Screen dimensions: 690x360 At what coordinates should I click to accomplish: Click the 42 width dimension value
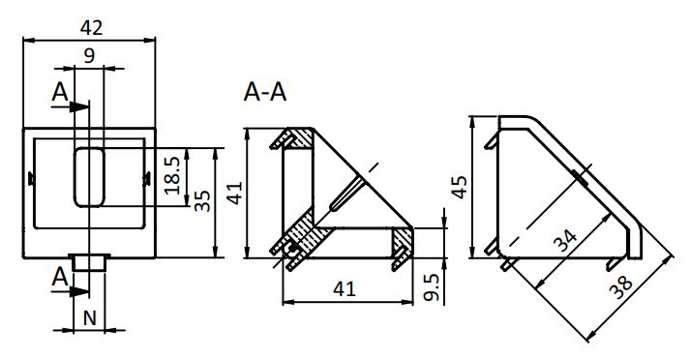91,28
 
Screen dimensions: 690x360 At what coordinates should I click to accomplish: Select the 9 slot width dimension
89,56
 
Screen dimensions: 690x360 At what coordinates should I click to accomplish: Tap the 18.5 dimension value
172,176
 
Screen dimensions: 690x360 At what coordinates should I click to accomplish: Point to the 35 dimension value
202,201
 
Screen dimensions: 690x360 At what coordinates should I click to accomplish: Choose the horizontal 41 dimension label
344,289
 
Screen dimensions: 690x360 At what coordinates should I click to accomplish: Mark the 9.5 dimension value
432,287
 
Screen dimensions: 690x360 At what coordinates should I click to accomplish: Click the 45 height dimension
460,187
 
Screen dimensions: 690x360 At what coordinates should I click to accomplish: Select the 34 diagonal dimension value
565,241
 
